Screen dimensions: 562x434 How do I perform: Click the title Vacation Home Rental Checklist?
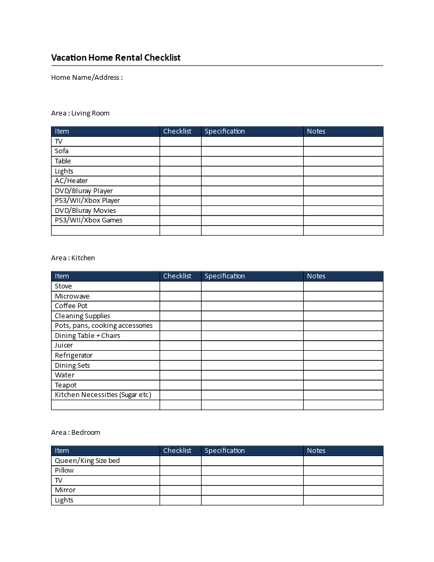coord(116,57)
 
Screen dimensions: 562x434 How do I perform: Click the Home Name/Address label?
coord(87,77)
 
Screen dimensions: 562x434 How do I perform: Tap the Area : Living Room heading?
coord(80,113)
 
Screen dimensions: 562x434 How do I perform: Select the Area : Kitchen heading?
coord(73,258)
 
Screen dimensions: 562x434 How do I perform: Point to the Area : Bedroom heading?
coord(76,432)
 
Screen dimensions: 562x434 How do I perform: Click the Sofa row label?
coord(62,151)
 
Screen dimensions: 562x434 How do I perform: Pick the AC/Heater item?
coord(71,181)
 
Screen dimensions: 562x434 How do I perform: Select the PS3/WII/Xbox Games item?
coord(88,220)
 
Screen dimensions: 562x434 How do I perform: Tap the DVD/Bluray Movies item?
coord(85,210)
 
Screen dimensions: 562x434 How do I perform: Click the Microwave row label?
coord(72,296)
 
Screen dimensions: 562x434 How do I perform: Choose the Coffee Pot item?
coord(71,306)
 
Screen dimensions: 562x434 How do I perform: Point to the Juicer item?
coord(64,345)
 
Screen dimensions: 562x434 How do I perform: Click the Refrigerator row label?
coord(73,355)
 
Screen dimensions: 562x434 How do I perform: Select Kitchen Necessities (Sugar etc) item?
coord(103,395)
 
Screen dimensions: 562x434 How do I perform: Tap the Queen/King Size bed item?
coord(87,460)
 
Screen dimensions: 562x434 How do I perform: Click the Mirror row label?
coord(65,490)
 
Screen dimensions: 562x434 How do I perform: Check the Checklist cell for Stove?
coord(180,286)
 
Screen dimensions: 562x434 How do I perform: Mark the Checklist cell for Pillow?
coord(180,470)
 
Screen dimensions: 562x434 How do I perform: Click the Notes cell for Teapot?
coord(343,385)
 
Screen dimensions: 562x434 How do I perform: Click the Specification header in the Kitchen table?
coord(225,276)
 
